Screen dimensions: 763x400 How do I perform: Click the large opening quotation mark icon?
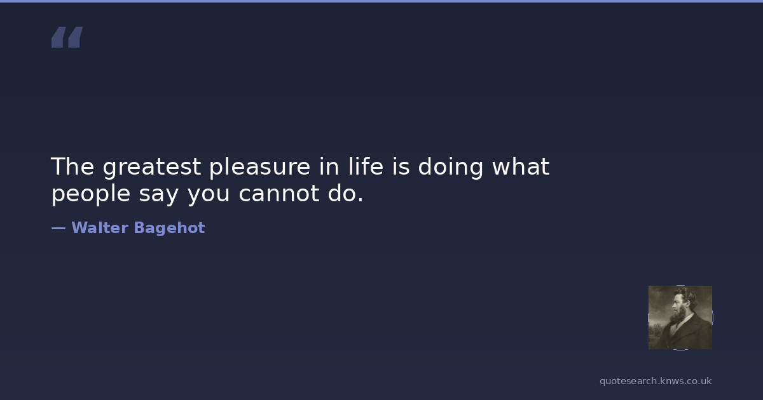pos(67,37)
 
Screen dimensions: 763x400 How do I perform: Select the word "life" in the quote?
pos(366,166)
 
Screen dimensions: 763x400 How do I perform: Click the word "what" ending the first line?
pos(521,166)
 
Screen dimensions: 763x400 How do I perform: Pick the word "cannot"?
pos(279,194)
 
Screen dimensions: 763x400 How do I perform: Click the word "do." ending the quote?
pos(346,193)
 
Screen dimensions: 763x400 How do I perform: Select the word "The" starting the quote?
pos(72,166)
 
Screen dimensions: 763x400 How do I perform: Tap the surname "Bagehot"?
pos(170,228)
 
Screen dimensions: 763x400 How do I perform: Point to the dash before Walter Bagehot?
pos(58,228)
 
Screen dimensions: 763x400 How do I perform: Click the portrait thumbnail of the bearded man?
pos(680,317)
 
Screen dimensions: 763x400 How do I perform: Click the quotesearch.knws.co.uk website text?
pos(656,381)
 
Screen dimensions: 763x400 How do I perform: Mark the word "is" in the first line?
pos(401,166)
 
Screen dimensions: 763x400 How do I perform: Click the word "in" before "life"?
pos(329,166)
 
